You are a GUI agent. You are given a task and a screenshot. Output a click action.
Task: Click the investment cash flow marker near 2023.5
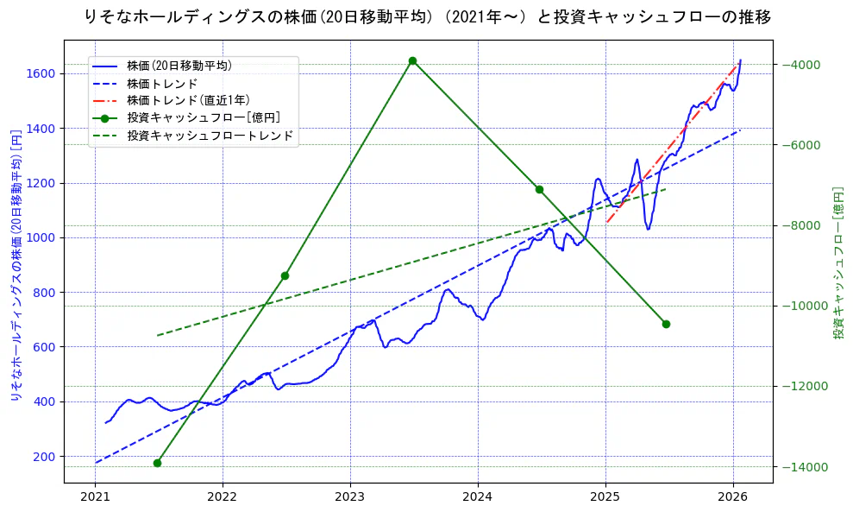[412, 60]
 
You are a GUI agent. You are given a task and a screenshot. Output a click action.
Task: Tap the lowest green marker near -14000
[157, 463]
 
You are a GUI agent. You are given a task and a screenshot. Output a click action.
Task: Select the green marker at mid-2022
[285, 275]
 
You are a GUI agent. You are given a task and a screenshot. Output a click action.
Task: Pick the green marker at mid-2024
[539, 189]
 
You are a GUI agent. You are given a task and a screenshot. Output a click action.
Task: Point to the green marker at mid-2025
[666, 324]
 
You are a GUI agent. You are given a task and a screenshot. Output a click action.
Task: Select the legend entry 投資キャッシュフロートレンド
[210, 136]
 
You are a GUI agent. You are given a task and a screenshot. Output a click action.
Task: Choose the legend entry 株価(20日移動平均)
[179, 65]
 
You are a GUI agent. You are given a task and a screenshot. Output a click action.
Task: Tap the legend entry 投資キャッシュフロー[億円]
[203, 117]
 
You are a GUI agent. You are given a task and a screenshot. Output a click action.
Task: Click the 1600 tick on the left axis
[41, 73]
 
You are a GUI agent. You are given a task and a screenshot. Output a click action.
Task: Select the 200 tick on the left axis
[44, 456]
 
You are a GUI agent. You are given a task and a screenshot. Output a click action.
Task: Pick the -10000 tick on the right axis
[803, 306]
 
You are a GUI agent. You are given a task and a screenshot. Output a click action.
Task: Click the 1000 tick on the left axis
[41, 237]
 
